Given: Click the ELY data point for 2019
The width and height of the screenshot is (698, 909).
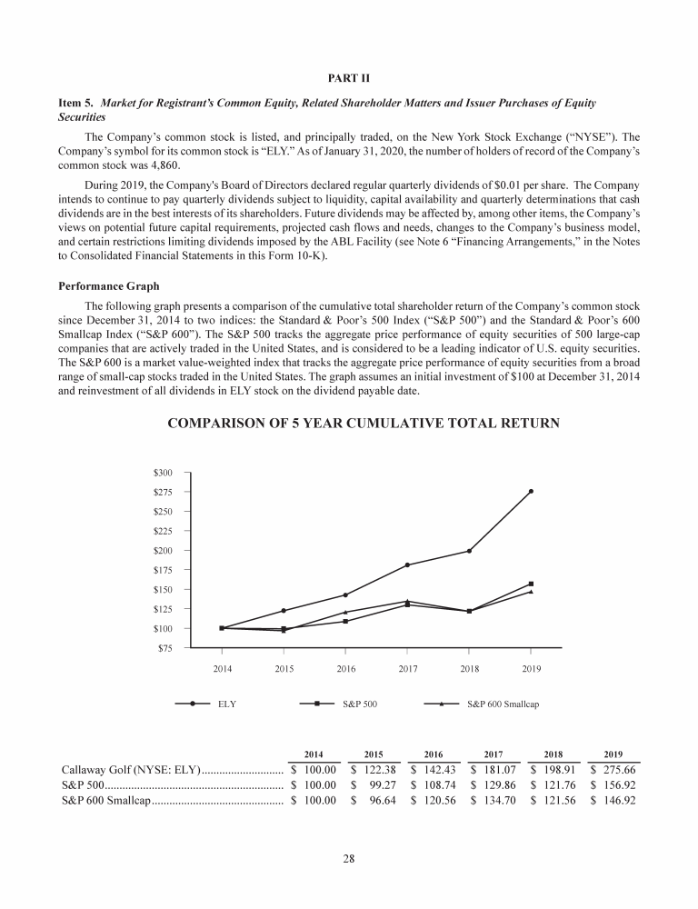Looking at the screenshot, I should click(x=531, y=491).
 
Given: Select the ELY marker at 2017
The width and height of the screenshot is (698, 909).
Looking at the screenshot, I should click(x=407, y=565).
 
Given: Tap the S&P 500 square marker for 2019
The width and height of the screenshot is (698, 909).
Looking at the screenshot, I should click(x=531, y=584).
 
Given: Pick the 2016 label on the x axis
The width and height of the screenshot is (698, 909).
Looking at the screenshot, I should click(x=345, y=669).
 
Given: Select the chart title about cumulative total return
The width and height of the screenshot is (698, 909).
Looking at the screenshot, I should click(x=349, y=424).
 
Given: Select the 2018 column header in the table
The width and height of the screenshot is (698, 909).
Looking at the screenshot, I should click(x=553, y=754).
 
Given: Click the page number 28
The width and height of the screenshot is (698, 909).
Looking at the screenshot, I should click(x=349, y=861).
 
